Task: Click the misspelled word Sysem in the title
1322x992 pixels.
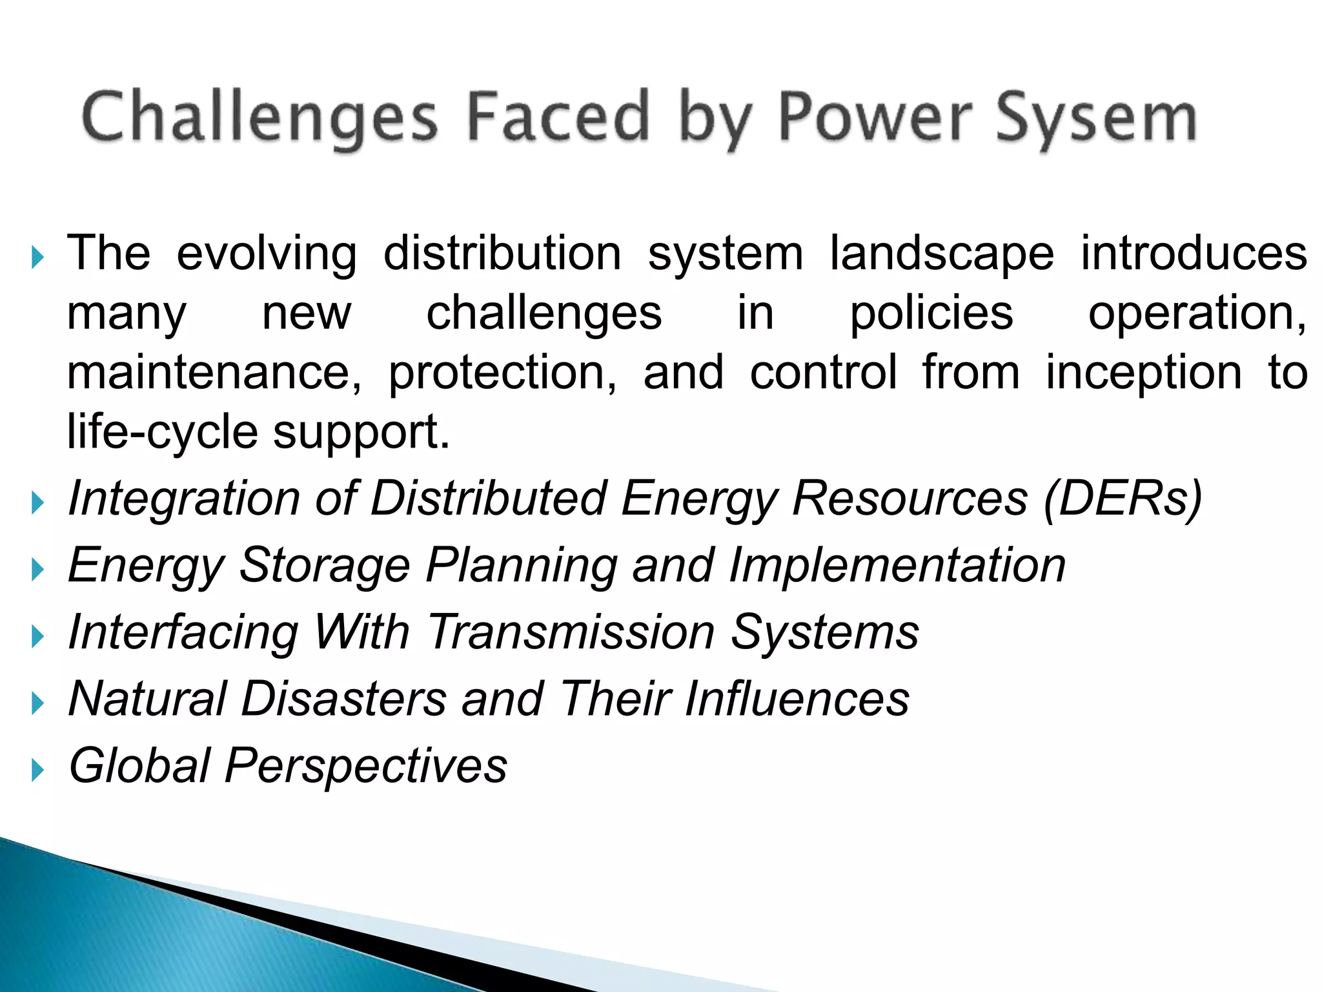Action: click(x=1095, y=118)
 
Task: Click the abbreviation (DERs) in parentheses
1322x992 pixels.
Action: click(x=1123, y=499)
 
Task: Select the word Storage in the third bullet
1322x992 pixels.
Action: click(x=325, y=566)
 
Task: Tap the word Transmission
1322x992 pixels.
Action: click(x=571, y=632)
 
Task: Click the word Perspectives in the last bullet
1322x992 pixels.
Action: click(x=366, y=766)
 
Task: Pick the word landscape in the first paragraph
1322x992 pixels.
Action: click(x=942, y=253)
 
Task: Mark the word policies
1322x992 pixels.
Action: click(x=931, y=314)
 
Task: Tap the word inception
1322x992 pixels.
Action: click(x=1143, y=373)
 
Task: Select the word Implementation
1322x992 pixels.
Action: click(x=897, y=566)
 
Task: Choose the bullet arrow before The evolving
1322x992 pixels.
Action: click(x=37, y=258)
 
